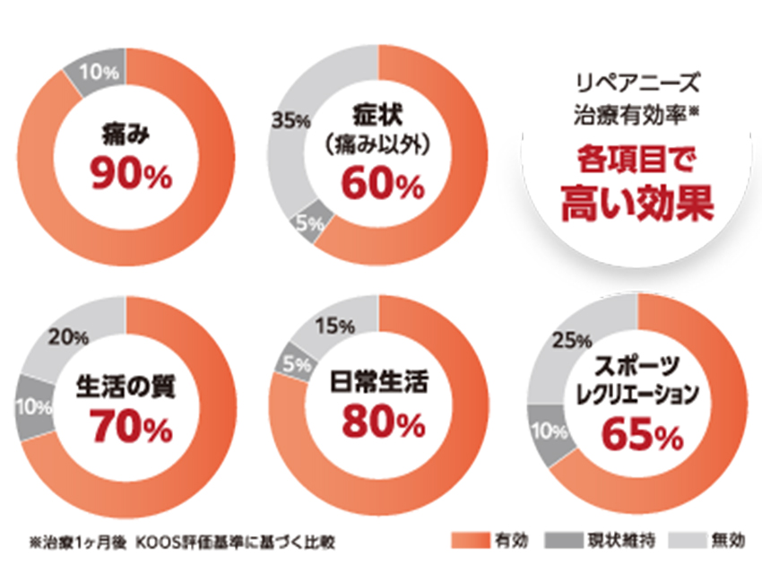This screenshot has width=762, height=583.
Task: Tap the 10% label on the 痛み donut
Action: [92, 70]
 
